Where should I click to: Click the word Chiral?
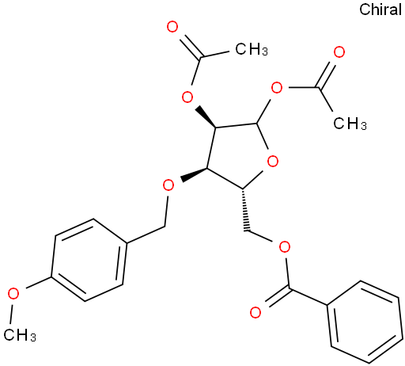pyautogui.click(x=380, y=10)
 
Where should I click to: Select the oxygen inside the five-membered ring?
pyautogui.click(x=273, y=161)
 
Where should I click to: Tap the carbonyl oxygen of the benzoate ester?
pyautogui.click(x=255, y=312)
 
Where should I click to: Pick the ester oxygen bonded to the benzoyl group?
pyautogui.click(x=285, y=247)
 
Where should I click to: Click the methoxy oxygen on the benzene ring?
pyautogui.click(x=13, y=294)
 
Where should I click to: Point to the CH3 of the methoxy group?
pyautogui.click(x=20, y=335)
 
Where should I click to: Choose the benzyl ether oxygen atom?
pyautogui.click(x=168, y=185)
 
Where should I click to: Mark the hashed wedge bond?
pyautogui.click(x=245, y=210)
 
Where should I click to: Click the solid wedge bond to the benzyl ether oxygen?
pyautogui.click(x=194, y=174)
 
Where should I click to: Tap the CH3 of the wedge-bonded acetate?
pyautogui.click(x=252, y=49)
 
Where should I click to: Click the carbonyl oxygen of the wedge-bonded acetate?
pyautogui.click(x=172, y=27)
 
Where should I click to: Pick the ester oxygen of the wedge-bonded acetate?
pyautogui.click(x=187, y=97)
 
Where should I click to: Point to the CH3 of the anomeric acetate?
pyautogui.click(x=350, y=123)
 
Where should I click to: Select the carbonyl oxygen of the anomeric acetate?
pyautogui.click(x=339, y=52)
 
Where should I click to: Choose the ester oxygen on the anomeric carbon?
pyautogui.click(x=277, y=88)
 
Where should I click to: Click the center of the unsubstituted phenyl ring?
pyautogui.click(x=365, y=322)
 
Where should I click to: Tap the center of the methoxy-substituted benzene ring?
pyautogui.click(x=89, y=260)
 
